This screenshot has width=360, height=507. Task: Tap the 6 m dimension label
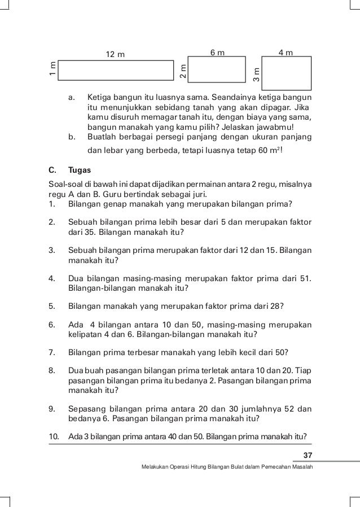[217, 53]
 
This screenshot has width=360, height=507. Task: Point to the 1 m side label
[52, 70]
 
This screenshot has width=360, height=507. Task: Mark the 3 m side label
[257, 73]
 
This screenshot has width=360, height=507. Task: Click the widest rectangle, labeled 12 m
[115, 70]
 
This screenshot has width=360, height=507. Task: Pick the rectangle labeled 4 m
[287, 73]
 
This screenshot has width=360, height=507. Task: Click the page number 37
[308, 456]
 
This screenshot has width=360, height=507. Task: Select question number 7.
[51, 353]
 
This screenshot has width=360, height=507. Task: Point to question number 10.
[54, 436]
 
